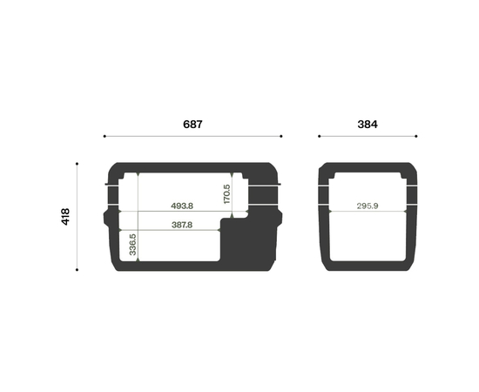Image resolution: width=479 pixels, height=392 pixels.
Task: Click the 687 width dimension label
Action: (x=192, y=125)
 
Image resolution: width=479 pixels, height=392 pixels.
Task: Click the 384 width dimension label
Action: (x=368, y=125)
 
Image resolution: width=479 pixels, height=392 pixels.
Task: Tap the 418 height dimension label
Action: (x=65, y=217)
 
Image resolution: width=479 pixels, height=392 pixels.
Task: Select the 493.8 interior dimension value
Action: (x=182, y=206)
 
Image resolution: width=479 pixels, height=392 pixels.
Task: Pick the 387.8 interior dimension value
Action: (x=182, y=225)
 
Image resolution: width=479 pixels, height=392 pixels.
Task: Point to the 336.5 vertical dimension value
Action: (x=132, y=245)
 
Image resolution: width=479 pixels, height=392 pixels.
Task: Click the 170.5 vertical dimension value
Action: (x=226, y=194)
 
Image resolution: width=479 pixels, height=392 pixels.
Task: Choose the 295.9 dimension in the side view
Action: (x=368, y=206)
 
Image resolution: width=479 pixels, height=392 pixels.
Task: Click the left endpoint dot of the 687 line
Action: (x=105, y=136)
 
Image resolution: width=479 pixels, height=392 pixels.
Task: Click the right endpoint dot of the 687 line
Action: (x=281, y=136)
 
